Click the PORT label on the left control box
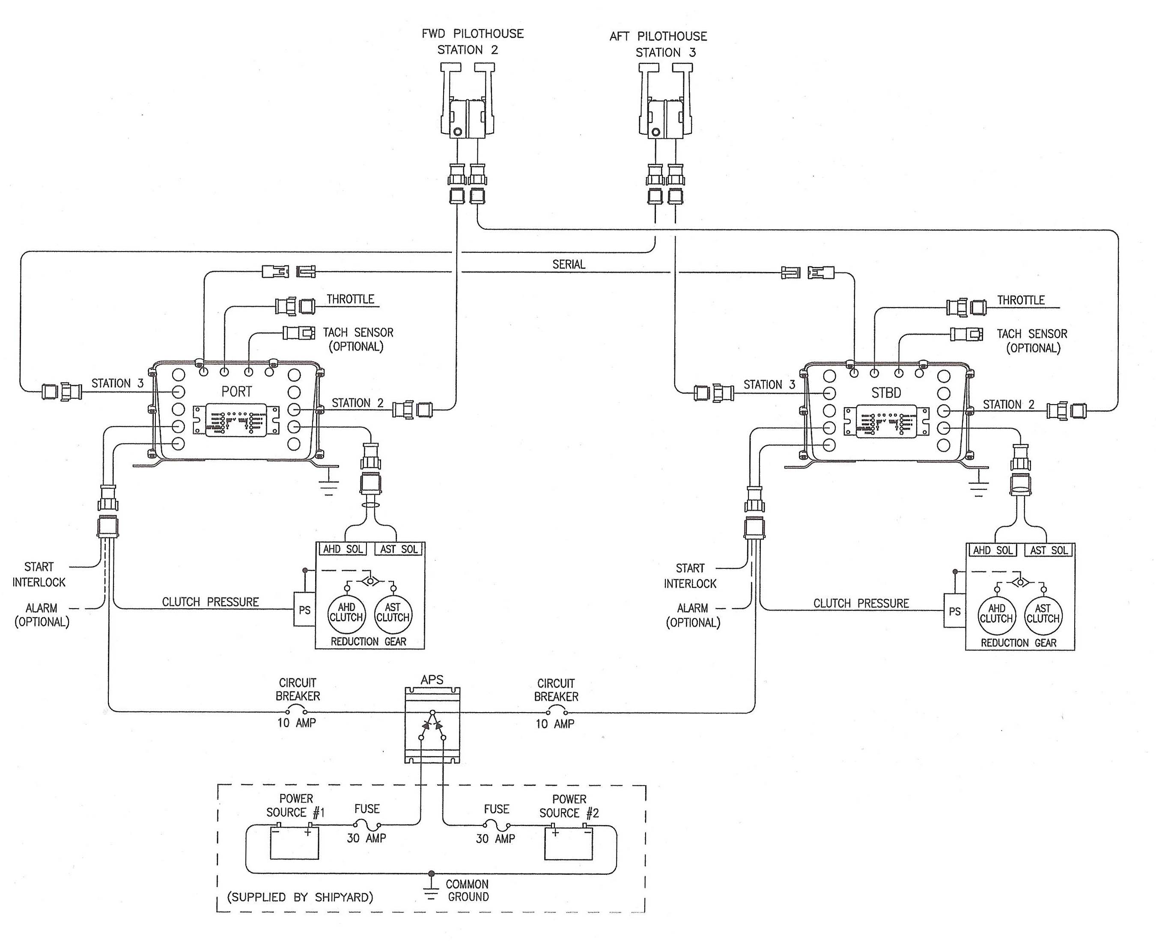(236, 391)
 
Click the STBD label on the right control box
(886, 393)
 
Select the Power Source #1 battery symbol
(294, 843)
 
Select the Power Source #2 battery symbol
(568, 843)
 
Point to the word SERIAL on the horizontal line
(569, 264)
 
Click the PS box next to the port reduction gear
(304, 610)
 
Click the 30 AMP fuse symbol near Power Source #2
(496, 825)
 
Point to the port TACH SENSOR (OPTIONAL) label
(358, 339)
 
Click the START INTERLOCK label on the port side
(39, 574)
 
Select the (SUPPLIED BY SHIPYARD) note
(300, 897)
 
